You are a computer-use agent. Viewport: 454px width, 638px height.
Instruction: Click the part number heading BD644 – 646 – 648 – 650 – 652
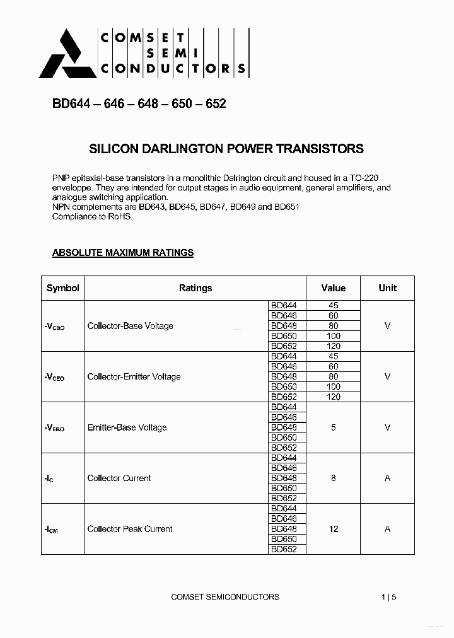(139, 104)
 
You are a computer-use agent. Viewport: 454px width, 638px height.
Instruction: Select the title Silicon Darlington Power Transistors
(226, 149)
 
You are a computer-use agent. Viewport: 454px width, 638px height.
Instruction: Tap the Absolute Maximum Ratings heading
(122, 253)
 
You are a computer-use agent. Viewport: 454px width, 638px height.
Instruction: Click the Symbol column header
(63, 288)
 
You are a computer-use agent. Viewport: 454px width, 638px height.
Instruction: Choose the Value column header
(333, 288)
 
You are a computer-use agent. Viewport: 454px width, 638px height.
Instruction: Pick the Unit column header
(387, 288)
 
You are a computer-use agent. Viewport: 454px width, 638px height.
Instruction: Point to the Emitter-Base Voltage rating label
(127, 427)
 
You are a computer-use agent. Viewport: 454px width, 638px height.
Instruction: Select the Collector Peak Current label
(129, 529)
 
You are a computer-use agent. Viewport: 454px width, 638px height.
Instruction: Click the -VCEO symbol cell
(55, 377)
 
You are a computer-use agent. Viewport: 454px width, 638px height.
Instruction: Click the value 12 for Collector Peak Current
(334, 529)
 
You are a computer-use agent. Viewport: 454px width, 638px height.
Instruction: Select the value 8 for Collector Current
(334, 478)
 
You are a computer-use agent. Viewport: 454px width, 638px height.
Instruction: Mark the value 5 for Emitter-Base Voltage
(334, 427)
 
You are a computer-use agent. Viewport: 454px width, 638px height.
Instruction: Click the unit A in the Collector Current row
(387, 478)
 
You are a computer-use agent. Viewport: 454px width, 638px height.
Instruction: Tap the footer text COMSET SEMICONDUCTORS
(225, 597)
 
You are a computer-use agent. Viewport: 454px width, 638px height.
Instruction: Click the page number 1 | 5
(389, 597)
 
